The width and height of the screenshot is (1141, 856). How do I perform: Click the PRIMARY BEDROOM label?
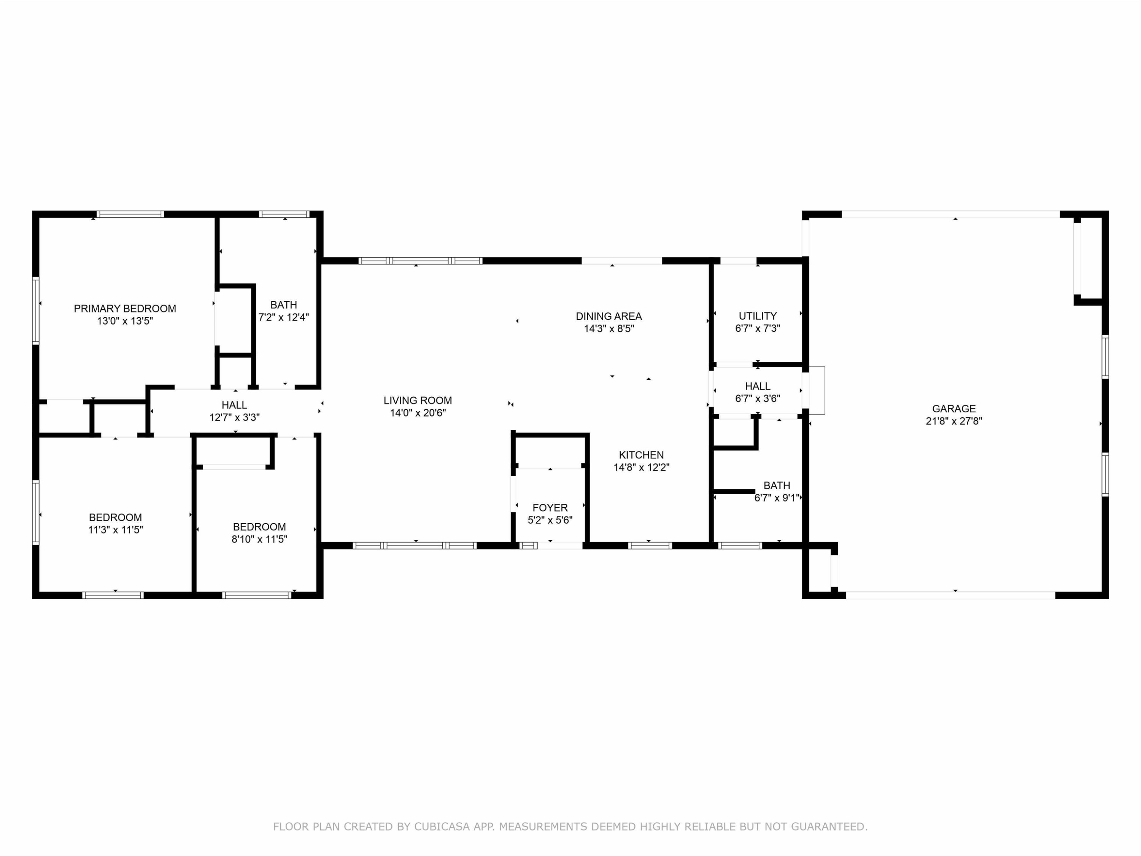tap(125, 309)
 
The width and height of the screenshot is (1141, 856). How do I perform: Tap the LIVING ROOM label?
tap(418, 400)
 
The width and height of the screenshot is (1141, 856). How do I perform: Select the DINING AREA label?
tap(609, 316)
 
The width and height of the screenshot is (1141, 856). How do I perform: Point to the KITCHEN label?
tap(641, 455)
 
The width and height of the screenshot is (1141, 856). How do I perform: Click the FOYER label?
tap(550, 508)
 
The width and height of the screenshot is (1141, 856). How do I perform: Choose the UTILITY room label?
tap(758, 316)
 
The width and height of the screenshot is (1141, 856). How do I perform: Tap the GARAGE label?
tap(954, 409)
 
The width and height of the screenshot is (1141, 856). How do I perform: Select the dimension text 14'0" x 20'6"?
tap(418, 413)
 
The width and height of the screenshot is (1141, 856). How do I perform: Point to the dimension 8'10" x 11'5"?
tap(259, 539)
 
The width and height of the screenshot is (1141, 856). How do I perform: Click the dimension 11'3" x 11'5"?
tap(116, 530)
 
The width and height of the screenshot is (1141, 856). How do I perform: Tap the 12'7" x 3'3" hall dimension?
tap(234, 417)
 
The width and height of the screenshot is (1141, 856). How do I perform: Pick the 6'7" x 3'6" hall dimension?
tap(758, 398)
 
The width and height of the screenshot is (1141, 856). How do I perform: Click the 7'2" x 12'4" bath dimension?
tap(284, 317)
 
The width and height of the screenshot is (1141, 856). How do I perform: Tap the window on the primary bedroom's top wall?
tap(130, 214)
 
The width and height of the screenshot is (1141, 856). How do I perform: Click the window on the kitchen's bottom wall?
tap(650, 546)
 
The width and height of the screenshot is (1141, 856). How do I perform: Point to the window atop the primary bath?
tap(284, 214)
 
